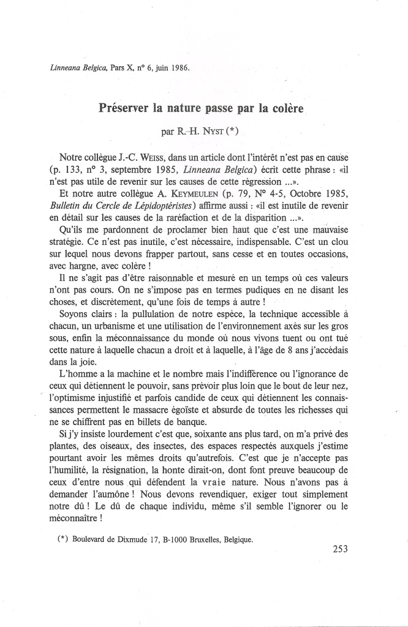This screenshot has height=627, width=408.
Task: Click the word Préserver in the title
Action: tap(124, 110)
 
